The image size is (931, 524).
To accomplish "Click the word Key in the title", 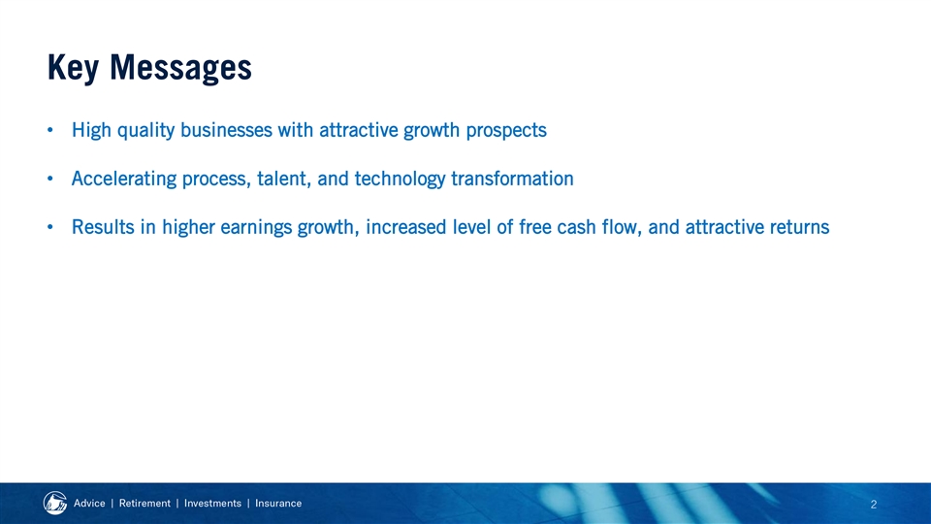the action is [73, 68].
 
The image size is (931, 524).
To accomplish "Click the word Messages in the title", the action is [180, 68].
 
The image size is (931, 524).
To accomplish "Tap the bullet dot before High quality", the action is [50, 130].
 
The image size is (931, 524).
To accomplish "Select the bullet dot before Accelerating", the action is [50, 179].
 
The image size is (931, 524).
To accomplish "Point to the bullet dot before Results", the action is [50, 227].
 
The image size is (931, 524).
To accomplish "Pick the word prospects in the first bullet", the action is [506, 131].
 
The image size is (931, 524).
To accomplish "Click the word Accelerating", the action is [124, 180].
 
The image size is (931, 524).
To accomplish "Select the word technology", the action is [400, 180].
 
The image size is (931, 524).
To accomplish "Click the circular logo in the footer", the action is [55, 504].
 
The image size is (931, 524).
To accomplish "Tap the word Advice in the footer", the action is [89, 504].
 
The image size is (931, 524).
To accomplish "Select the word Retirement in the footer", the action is [144, 504].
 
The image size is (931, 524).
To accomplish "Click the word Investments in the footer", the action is [212, 504].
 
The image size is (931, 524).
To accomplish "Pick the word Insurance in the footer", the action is [278, 504].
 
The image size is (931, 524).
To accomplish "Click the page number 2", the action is [874, 505].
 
